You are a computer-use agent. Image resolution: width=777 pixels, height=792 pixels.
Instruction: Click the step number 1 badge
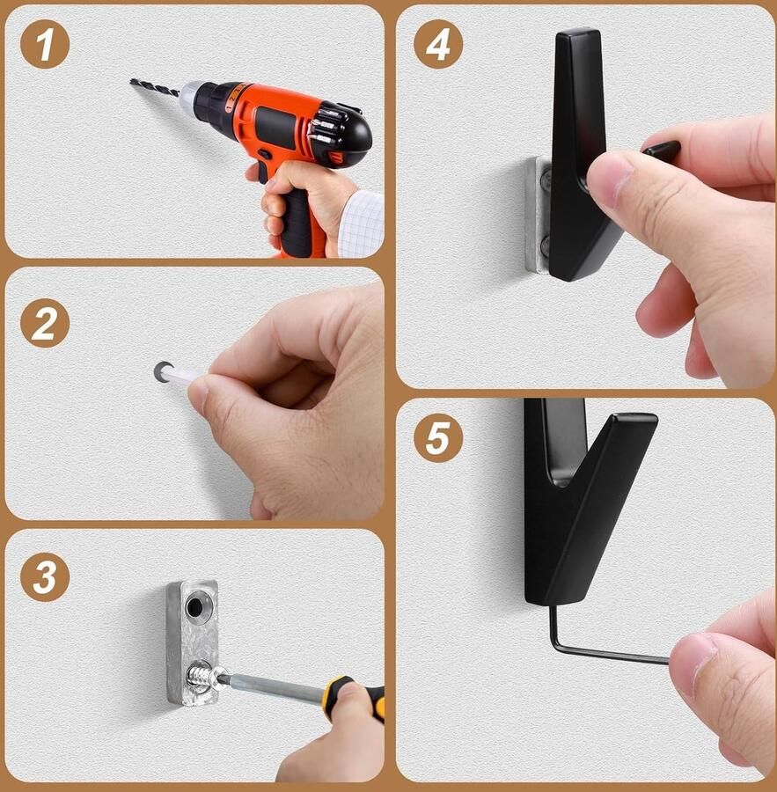pos(45,45)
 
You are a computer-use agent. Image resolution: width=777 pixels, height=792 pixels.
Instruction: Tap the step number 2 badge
pos(45,323)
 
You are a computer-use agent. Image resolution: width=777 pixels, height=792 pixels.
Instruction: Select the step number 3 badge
pos(45,576)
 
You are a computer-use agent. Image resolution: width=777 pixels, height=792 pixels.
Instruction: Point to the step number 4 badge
pos(438,45)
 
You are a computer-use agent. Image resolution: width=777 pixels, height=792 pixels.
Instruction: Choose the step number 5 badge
pos(438,437)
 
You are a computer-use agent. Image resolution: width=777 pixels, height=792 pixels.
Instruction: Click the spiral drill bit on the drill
pos(155,87)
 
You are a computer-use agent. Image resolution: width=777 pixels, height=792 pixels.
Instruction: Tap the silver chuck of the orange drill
pos(189,96)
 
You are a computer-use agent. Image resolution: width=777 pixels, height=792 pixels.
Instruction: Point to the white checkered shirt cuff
pos(360,224)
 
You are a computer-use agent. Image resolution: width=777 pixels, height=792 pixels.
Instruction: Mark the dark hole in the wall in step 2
pos(161,371)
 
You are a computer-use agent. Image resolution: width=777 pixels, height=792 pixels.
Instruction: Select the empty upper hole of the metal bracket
pos(194,606)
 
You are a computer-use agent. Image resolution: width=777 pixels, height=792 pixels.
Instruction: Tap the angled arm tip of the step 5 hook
pos(635,421)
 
